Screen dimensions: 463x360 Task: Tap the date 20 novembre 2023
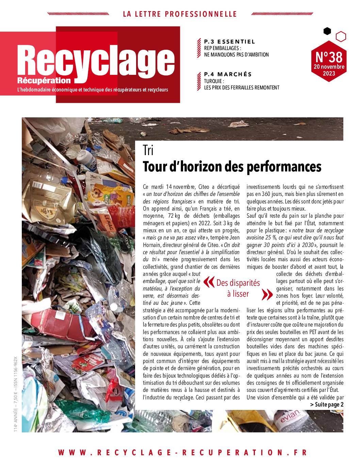[x=329, y=70]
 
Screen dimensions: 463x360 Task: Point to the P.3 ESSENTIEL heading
[x=229, y=42]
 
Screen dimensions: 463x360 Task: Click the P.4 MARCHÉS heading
[x=228, y=74]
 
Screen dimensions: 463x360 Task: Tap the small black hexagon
[x=327, y=31]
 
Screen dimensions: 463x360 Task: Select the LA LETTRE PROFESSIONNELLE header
[x=180, y=14]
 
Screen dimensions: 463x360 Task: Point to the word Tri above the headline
[x=148, y=150]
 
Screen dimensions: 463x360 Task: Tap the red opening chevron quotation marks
[x=207, y=282]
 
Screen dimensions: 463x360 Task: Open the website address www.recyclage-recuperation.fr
[x=182, y=452]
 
